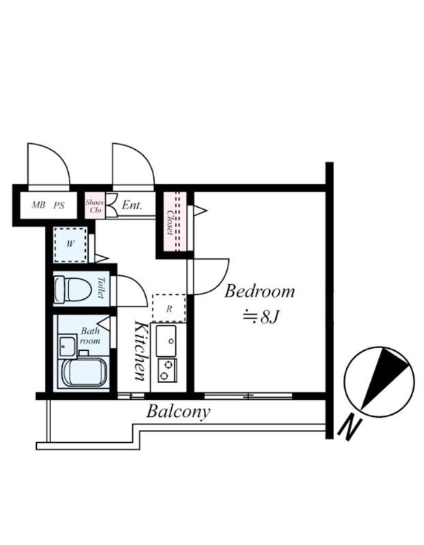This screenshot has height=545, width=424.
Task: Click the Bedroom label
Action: pyautogui.click(x=260, y=292)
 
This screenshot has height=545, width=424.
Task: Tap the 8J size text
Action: pyautogui.click(x=269, y=317)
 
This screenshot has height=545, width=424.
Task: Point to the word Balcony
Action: pyautogui.click(x=178, y=412)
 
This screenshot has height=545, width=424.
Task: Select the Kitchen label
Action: pyautogui.click(x=140, y=350)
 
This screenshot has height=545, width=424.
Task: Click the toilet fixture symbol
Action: pyautogui.click(x=73, y=289)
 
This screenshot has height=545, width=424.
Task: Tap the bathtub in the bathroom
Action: pyautogui.click(x=83, y=373)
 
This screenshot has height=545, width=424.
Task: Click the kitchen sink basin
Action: pyautogui.click(x=166, y=341)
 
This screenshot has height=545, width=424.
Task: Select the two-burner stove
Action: pyautogui.click(x=167, y=370)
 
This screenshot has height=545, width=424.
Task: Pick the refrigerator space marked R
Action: pyautogui.click(x=169, y=309)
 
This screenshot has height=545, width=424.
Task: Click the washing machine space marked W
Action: pyautogui.click(x=70, y=245)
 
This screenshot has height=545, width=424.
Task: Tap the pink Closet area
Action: pyautogui.click(x=175, y=221)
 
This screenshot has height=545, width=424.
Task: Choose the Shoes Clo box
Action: pyautogui.click(x=95, y=206)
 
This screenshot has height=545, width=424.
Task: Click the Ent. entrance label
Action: pyautogui.click(x=132, y=205)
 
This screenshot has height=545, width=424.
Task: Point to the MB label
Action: pyautogui.click(x=38, y=205)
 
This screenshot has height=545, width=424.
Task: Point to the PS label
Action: pyautogui.click(x=59, y=206)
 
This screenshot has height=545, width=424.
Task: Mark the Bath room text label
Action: pyautogui.click(x=90, y=336)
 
